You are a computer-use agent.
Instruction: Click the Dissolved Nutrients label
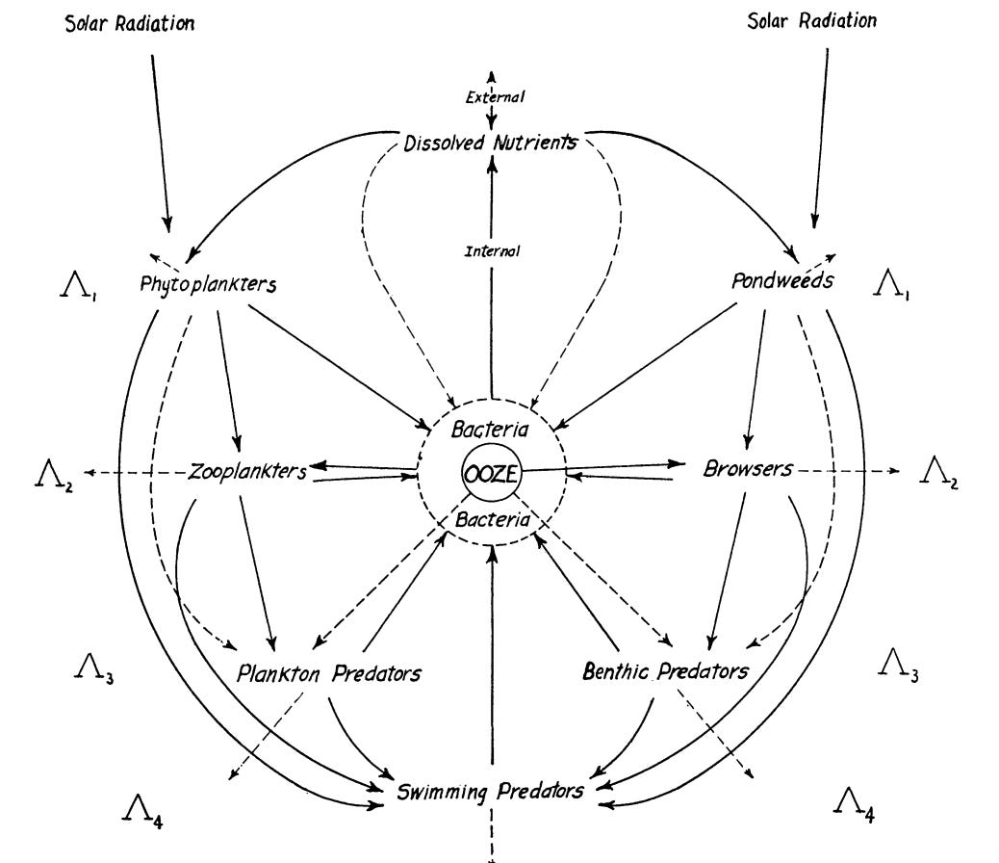click(491, 144)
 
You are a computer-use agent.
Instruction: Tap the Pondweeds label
click(781, 282)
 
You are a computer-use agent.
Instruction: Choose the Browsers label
click(748, 469)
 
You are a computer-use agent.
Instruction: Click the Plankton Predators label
click(328, 672)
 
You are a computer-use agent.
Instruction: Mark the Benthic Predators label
click(665, 670)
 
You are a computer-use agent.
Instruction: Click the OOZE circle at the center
click(491, 472)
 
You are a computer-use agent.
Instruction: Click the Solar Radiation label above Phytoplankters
click(129, 23)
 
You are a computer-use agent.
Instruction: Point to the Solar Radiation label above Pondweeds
click(811, 21)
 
